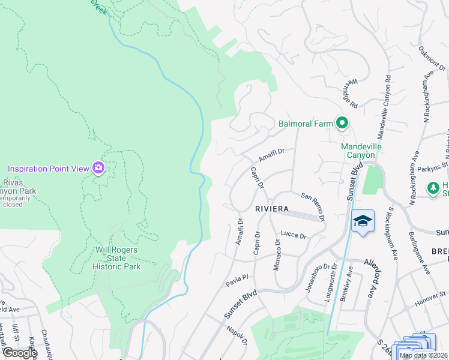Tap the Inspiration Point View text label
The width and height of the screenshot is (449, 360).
pyautogui.click(x=48, y=168)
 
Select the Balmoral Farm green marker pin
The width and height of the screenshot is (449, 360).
pyautogui.click(x=342, y=124)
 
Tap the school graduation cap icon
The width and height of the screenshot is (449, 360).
pyautogui.click(x=363, y=221)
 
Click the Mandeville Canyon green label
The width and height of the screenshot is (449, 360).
pyautogui.click(x=358, y=151)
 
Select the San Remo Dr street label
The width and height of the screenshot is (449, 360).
pyautogui.click(x=313, y=207)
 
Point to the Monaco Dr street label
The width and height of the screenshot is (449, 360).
pyautogui.click(x=277, y=255)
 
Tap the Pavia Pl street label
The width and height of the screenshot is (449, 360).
pyautogui.click(x=237, y=280)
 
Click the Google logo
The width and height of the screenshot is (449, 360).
pyautogui.click(x=20, y=352)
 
